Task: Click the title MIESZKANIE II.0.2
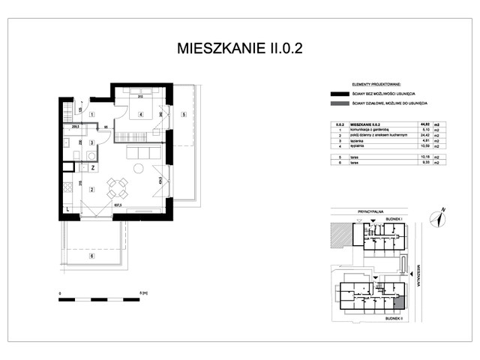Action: click(240, 49)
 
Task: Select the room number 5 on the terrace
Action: click(183, 114)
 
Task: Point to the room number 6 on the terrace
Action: click(91, 256)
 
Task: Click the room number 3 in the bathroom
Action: click(91, 142)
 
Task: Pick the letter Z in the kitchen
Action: click(91, 168)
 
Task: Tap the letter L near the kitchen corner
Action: click(67, 210)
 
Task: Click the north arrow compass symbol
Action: click(437, 217)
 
